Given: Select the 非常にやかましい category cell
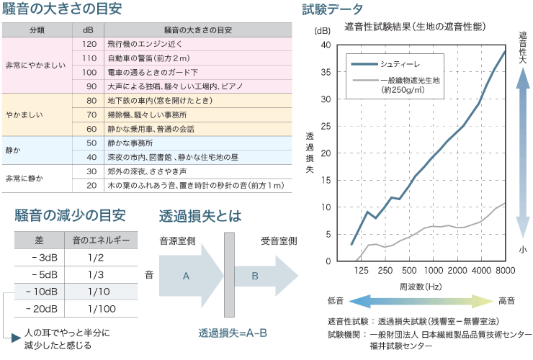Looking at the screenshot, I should (35, 65).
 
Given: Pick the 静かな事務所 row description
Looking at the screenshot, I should (133, 143).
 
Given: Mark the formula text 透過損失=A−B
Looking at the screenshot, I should (233, 333).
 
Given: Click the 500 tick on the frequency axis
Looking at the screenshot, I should (409, 270).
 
